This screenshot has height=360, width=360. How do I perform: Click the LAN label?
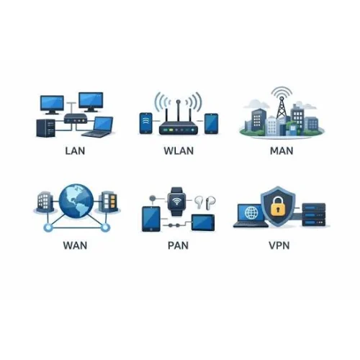(75, 150)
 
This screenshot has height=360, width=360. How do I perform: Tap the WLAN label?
(179, 150)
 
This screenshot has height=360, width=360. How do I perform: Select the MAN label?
(282, 150)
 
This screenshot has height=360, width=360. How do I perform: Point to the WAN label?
(75, 246)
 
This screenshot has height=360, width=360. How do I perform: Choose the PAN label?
(178, 246)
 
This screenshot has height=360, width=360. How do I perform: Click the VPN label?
(279, 246)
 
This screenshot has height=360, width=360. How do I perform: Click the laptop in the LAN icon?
(99, 127)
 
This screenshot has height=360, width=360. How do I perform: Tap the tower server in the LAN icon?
(45, 128)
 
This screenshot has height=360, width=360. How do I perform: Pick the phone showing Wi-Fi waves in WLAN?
(145, 123)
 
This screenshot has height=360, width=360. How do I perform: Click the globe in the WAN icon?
(76, 202)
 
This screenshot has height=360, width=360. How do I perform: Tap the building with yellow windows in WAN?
(109, 201)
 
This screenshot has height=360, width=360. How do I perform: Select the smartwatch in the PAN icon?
(177, 201)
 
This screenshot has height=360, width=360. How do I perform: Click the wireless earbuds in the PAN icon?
(204, 202)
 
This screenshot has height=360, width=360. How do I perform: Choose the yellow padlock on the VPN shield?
(278, 206)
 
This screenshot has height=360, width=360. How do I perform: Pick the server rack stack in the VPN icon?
(314, 215)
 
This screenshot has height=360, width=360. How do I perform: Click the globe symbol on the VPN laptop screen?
(251, 212)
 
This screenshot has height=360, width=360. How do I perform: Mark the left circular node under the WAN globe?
(48, 227)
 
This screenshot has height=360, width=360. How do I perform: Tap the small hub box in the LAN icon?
(75, 118)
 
